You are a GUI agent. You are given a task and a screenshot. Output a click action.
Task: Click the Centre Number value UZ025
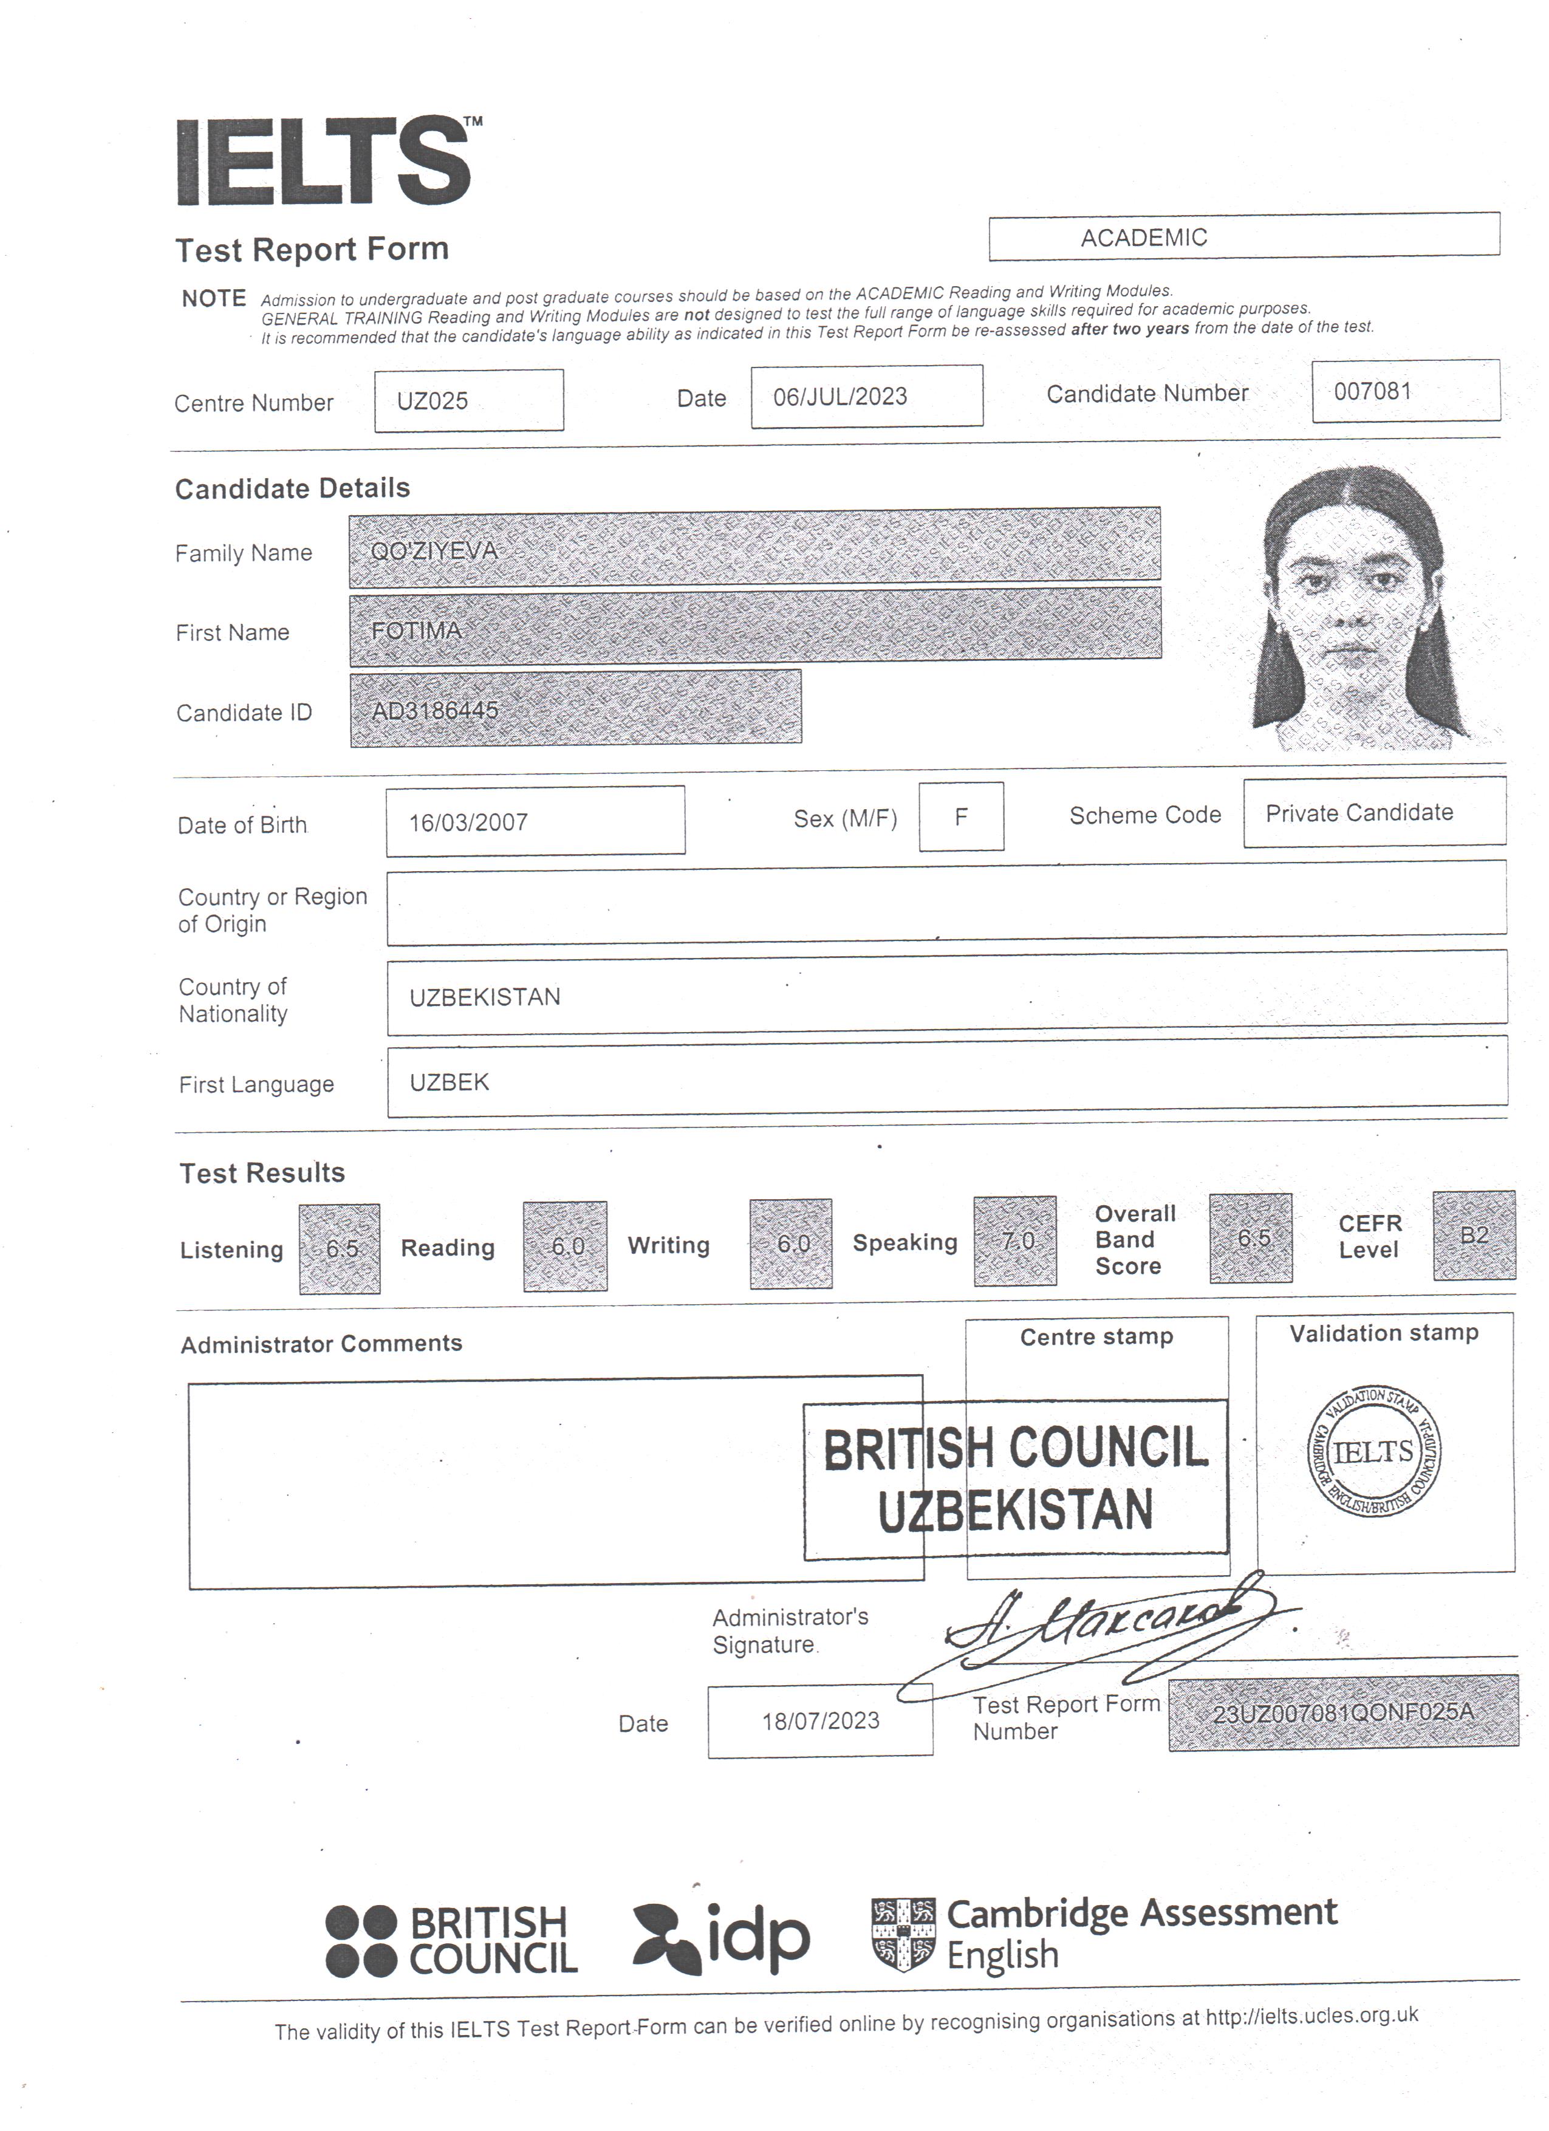click(x=432, y=401)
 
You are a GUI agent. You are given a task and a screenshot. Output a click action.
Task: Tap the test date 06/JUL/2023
click(x=839, y=397)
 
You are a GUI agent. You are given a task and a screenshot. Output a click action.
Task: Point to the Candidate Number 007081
click(x=1372, y=391)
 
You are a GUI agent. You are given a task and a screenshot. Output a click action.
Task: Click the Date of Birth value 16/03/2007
click(x=468, y=822)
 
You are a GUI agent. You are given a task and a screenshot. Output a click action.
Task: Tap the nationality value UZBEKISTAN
click(x=485, y=997)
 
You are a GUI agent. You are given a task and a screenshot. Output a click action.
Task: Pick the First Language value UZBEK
click(x=449, y=1083)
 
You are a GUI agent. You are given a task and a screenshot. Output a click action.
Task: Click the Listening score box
click(x=340, y=1249)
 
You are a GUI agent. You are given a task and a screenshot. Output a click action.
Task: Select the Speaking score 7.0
click(x=1016, y=1241)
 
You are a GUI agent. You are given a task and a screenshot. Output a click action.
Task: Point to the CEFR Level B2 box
click(x=1474, y=1236)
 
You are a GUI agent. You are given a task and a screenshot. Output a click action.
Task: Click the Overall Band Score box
click(x=1251, y=1239)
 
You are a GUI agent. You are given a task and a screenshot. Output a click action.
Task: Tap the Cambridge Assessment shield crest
click(x=903, y=1934)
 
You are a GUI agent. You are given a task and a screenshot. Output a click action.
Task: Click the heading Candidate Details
click(x=292, y=488)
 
